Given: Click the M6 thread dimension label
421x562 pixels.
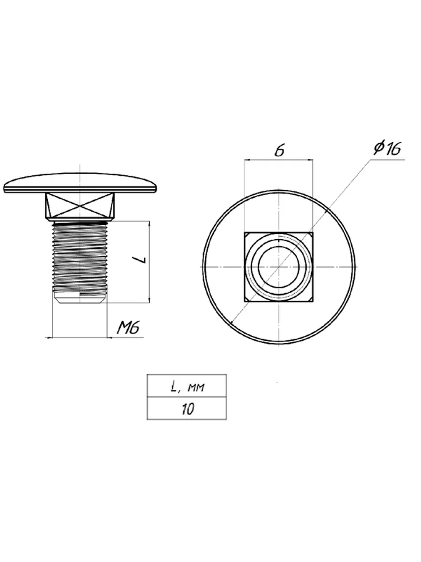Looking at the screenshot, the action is coord(128,328).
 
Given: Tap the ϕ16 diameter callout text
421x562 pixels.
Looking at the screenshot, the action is coord(387,148).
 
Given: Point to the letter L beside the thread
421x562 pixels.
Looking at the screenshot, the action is coord(141,259).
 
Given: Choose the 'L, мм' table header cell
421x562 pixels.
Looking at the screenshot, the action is coord(187,386).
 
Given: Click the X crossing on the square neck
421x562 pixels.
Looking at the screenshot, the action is coord(80,205).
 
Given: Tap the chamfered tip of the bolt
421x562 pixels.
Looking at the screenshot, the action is coord(80,298).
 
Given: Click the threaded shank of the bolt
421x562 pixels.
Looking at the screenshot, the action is coord(80,257).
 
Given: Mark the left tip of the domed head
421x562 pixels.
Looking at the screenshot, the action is coord(4,189).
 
